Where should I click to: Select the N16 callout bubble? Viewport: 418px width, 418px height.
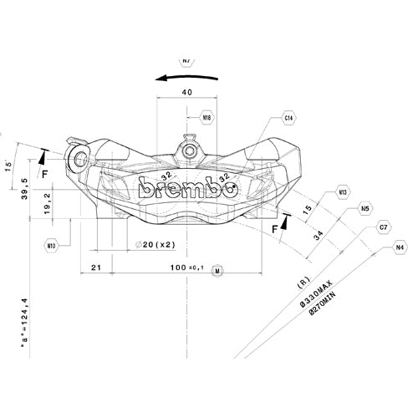coord(206,118)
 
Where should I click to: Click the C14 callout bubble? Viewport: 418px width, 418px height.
coord(288,119)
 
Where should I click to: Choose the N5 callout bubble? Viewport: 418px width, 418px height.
coord(365,208)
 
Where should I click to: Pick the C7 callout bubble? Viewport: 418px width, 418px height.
coord(384,227)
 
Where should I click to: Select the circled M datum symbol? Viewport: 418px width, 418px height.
coord(217,272)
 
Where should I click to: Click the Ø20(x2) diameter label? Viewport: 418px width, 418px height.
coord(155,245)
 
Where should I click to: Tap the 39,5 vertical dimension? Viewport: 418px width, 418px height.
coord(25,191)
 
